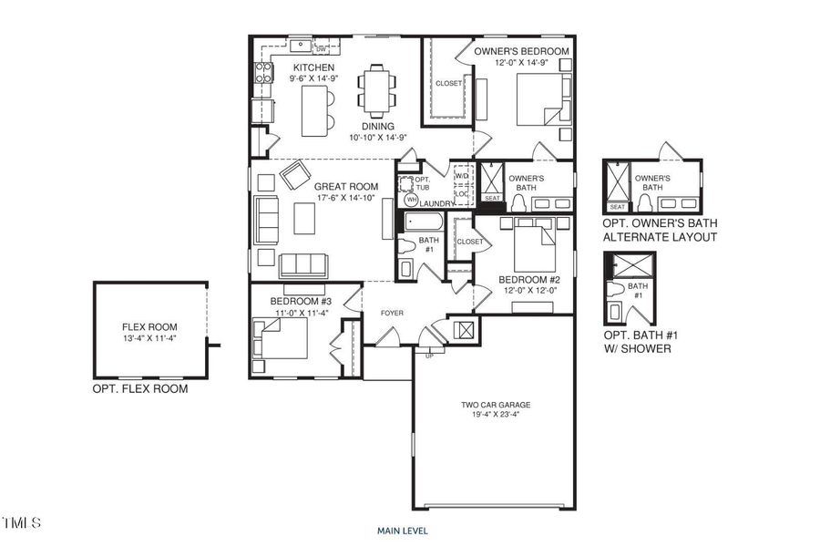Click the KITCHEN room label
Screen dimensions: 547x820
click(x=313, y=68)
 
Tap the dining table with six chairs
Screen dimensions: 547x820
click(x=376, y=90)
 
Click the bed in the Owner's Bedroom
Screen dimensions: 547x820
click(x=542, y=99)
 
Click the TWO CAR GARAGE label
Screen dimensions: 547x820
click(x=495, y=405)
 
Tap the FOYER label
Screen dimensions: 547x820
click(x=392, y=314)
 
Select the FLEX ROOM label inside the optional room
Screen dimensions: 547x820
click(x=149, y=326)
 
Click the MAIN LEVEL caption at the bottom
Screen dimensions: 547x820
click(x=403, y=530)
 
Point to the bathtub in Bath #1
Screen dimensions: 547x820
click(x=422, y=222)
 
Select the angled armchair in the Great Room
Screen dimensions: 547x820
click(x=295, y=175)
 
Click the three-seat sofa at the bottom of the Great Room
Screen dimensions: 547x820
click(x=302, y=265)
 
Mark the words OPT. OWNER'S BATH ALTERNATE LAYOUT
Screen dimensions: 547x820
click(x=660, y=230)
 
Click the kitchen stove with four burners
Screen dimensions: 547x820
click(x=262, y=71)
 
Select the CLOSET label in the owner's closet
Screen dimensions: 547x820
click(x=448, y=83)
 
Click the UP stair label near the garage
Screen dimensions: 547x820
click(x=429, y=355)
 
